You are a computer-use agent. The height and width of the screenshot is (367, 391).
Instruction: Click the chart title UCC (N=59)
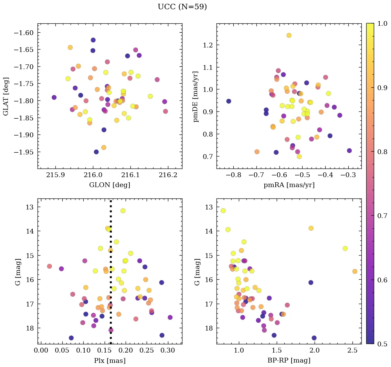182,7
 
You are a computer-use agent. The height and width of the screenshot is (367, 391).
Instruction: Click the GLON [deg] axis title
109,185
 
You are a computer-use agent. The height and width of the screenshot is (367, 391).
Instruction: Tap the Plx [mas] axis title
109,361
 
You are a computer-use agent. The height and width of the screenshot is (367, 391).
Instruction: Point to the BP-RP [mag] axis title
288,361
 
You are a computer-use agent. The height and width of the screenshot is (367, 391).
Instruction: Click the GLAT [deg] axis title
6,96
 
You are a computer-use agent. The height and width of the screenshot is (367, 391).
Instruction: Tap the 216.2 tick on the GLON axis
168,175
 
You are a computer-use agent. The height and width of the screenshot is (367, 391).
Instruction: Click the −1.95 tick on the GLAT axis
24,152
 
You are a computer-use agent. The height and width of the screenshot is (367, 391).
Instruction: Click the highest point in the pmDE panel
289,35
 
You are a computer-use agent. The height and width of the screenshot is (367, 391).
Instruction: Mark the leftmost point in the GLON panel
54,97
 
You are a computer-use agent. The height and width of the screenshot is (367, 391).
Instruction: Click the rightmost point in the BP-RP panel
355,271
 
